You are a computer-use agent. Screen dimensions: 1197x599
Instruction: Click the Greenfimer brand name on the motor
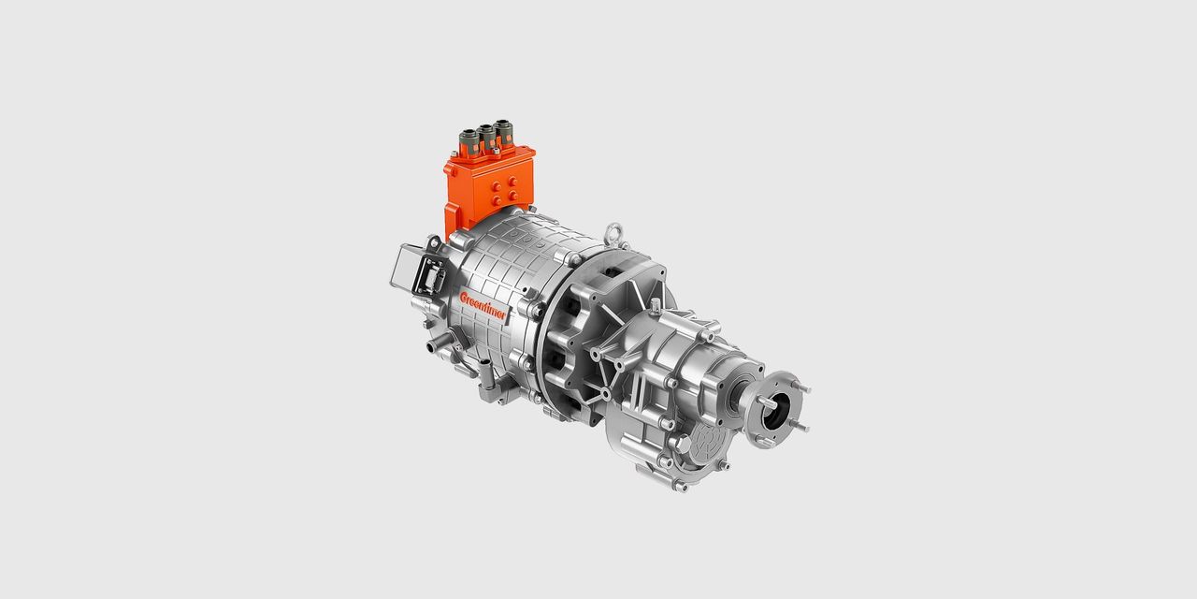click(x=482, y=305)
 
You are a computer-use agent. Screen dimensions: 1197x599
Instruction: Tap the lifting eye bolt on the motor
click(x=614, y=234)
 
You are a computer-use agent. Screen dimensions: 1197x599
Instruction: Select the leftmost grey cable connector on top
click(x=469, y=141)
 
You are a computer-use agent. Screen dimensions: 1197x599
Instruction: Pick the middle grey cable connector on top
click(x=486, y=137)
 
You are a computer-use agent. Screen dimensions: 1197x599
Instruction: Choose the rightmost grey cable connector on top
click(x=503, y=132)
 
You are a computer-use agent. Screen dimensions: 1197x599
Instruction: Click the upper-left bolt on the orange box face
click(x=497, y=186)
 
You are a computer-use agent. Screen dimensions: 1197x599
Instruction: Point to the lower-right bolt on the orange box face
click(x=513, y=196)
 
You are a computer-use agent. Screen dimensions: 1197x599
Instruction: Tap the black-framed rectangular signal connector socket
click(x=429, y=276)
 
